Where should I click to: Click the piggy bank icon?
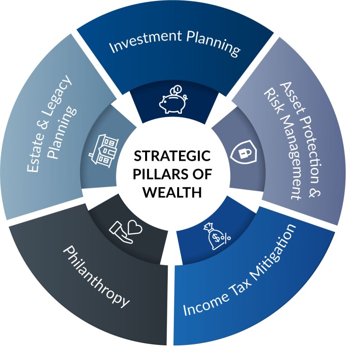point(172,100)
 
